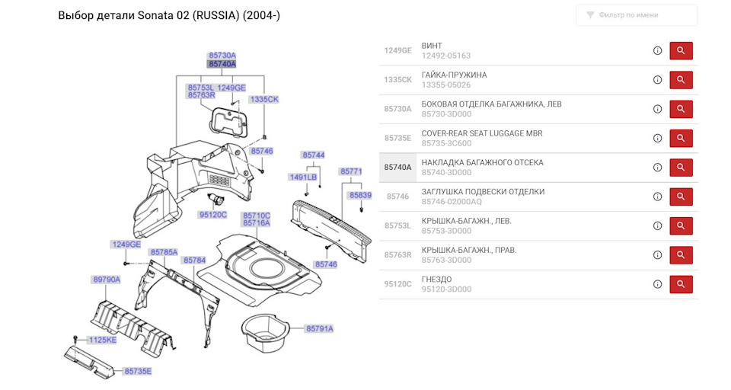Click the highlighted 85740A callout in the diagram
pos(222,64)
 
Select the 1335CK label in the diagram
pos(264,99)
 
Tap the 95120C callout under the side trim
pos(213,215)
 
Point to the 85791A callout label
pos(319,329)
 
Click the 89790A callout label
pos(107,280)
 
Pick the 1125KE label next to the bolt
pos(103,340)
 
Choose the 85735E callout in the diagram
pos(138,372)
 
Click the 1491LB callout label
pos(303,177)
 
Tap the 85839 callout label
pos(360,196)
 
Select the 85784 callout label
pos(194,261)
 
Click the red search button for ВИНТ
pos(681,50)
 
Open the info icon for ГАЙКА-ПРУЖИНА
pos(657,80)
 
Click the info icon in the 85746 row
pos(657,197)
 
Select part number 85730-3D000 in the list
pos(446,114)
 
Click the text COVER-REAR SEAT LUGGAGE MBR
pos(482,133)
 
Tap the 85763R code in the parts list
pos(397,254)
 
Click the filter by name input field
pos(637,15)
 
